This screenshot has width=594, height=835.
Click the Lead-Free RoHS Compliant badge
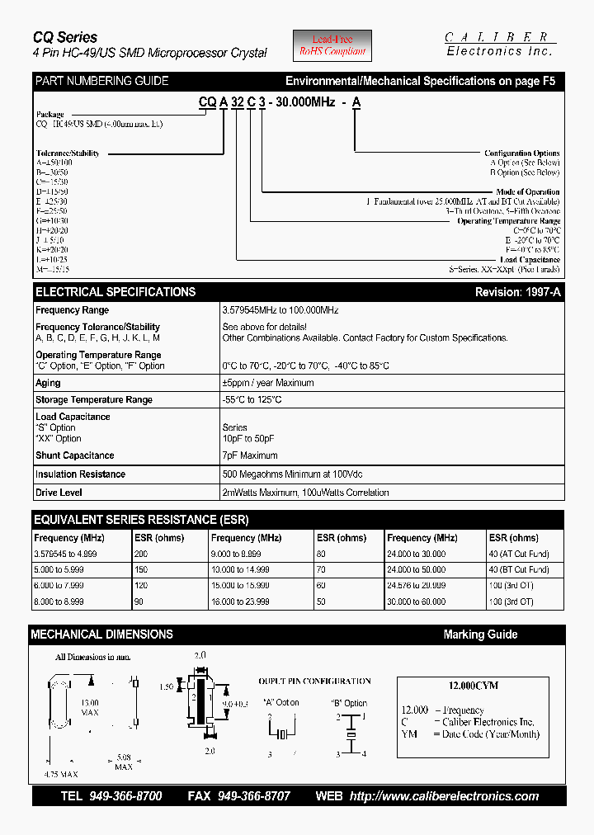333,45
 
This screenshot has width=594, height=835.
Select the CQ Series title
65,37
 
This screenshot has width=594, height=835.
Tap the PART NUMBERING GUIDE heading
101,81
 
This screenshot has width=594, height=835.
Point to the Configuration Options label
521,153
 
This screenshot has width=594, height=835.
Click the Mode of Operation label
527,192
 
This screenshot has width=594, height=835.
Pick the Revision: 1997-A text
517,292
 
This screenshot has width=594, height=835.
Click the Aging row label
48,383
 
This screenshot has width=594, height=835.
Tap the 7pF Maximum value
250,455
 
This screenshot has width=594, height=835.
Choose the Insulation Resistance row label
80,474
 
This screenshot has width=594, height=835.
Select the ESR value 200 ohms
142,554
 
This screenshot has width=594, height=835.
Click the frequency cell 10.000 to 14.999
241,569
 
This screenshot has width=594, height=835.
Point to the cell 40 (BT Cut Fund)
519,569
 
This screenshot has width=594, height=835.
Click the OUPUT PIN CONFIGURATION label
314,682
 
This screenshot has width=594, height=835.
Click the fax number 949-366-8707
254,796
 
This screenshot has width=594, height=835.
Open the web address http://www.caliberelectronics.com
444,796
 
